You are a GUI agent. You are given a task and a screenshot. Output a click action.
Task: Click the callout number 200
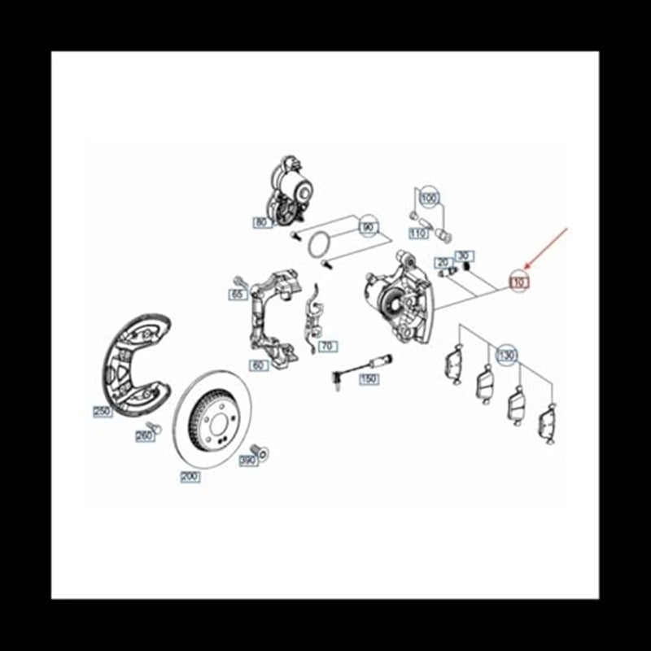[190, 478]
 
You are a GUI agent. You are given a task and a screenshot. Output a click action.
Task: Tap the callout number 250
[102, 412]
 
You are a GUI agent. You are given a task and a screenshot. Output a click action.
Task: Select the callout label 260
[144, 436]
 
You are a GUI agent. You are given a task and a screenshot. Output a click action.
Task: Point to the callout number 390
[248, 461]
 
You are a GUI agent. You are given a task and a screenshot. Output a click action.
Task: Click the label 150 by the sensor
[368, 379]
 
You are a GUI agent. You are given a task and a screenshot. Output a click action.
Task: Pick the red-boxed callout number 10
[519, 282]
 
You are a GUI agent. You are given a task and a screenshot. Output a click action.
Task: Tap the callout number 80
[260, 222]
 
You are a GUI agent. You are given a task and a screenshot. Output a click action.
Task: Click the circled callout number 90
[369, 228]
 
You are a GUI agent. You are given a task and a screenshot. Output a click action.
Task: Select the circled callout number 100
[429, 198]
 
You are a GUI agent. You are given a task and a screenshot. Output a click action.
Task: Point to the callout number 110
[418, 234]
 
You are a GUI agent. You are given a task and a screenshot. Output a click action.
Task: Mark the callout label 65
[238, 294]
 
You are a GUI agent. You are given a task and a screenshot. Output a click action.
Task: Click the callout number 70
[327, 346]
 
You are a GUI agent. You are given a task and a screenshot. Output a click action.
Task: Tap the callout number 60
[259, 365]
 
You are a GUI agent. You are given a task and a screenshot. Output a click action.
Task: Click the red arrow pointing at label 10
[547, 249]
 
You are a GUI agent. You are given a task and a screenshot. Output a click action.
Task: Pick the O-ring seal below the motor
[321, 243]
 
